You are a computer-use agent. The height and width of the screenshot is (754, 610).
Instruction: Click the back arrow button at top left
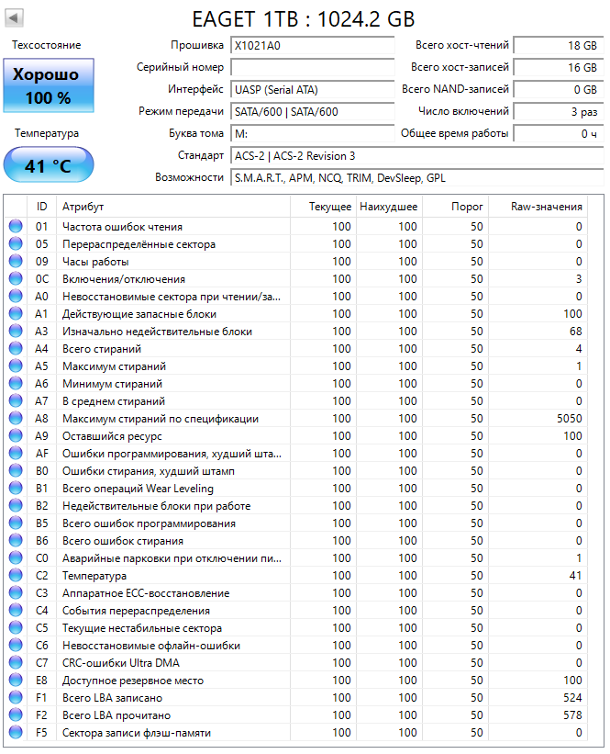(x=17, y=18)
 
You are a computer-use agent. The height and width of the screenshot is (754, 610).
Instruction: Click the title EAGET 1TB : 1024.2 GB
(x=304, y=18)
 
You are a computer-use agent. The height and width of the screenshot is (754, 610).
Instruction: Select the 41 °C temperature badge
(x=48, y=166)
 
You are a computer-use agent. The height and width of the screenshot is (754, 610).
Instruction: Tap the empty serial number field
(x=312, y=67)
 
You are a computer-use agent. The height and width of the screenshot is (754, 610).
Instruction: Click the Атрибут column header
(x=83, y=207)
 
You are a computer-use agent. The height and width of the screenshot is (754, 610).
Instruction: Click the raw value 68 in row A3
(x=575, y=332)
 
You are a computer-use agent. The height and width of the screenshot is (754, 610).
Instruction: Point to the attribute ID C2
(x=42, y=576)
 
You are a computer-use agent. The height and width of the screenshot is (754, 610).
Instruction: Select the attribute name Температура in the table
(x=94, y=576)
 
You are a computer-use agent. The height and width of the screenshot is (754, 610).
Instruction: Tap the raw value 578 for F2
(x=572, y=715)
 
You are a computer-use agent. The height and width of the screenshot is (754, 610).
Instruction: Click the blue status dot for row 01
(x=15, y=227)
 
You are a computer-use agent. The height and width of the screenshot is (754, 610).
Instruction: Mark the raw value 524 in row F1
(x=572, y=698)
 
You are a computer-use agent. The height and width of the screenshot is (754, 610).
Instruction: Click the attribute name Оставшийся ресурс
(x=111, y=436)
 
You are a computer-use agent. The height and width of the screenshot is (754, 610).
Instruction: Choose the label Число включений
(x=462, y=111)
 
